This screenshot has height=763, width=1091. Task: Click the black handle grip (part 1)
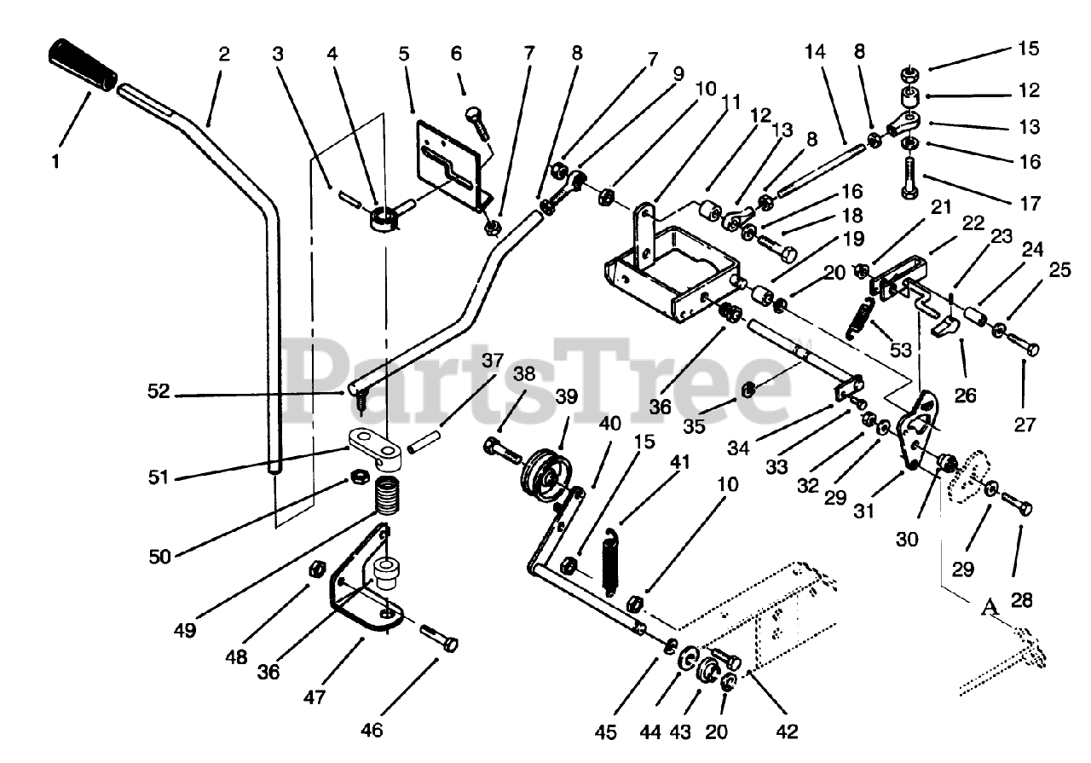(83, 64)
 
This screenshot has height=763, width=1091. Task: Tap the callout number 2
(223, 54)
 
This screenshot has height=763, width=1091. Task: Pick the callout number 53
(900, 350)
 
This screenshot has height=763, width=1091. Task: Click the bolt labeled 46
(438, 639)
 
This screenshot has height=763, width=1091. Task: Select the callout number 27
(1025, 425)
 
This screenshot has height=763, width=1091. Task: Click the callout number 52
(159, 391)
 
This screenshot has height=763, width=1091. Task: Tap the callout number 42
(787, 731)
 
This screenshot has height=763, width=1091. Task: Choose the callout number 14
(816, 52)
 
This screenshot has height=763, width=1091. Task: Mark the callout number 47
(314, 697)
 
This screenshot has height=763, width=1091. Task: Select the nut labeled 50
(357, 476)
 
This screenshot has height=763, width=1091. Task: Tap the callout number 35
(694, 425)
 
